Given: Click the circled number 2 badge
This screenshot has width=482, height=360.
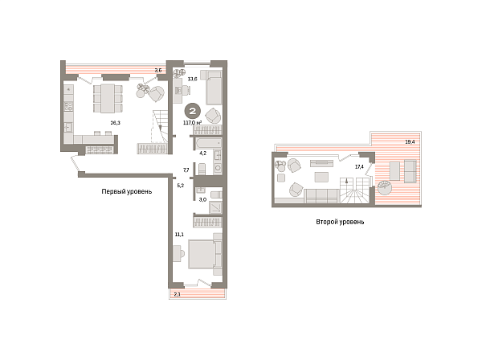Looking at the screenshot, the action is [x=193, y=111].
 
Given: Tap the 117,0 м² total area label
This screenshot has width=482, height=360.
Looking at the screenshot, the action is [x=193, y=123].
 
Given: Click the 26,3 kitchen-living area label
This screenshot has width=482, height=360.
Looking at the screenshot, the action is [x=115, y=123].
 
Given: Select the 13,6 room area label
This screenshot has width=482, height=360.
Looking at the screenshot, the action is [x=193, y=79].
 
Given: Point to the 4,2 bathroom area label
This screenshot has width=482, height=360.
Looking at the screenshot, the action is [x=203, y=153].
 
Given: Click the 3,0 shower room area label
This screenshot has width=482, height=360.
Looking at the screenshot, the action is [x=202, y=199].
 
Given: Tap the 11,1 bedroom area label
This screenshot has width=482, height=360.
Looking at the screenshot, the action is [x=179, y=235].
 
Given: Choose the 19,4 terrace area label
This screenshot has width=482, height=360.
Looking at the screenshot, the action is [x=410, y=142].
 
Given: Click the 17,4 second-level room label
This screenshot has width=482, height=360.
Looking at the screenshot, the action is [x=359, y=166].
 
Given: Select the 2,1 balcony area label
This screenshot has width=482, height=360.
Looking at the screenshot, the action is [x=178, y=294].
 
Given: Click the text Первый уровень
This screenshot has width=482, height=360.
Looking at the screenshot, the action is [x=127, y=191].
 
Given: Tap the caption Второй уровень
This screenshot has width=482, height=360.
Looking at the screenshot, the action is [x=340, y=222].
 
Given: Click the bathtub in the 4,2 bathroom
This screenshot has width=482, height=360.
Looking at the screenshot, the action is [x=207, y=143].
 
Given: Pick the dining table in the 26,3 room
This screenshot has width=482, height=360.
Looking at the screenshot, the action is [x=108, y=98].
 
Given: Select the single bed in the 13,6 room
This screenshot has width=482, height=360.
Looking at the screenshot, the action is [x=214, y=88].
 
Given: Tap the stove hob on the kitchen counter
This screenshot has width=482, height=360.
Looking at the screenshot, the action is [x=68, y=106].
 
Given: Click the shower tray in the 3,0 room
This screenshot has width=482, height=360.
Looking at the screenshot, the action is [x=216, y=207].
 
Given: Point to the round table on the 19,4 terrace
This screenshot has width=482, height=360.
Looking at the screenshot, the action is [x=385, y=187].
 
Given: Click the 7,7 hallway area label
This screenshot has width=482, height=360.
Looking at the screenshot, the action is [x=186, y=170].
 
